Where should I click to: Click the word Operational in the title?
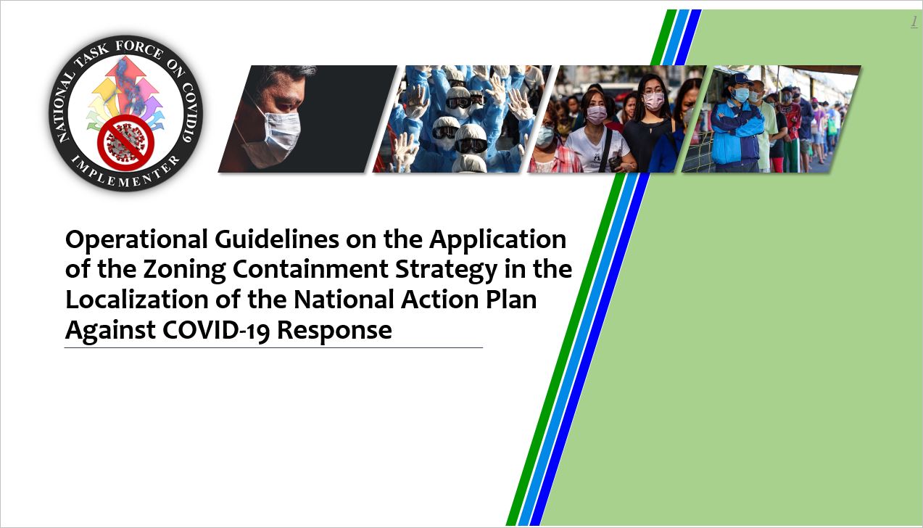pyautogui.click(x=136, y=240)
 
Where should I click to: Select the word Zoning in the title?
pyautogui.click(x=184, y=271)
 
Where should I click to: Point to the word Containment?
pyautogui.click(x=310, y=269)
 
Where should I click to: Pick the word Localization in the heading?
pyautogui.click(x=137, y=300)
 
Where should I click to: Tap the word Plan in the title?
pyautogui.click(x=511, y=300)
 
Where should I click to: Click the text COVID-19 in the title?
pyautogui.click(x=216, y=331)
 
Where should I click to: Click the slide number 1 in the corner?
pyautogui.click(x=914, y=22)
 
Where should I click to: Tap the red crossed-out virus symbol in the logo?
pyautogui.click(x=125, y=141)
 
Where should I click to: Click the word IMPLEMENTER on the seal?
pyautogui.click(x=125, y=171)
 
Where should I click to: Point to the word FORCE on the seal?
pyautogui.click(x=139, y=49)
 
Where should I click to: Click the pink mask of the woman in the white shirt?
pyautogui.click(x=596, y=114)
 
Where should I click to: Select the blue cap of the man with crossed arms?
pyautogui.click(x=740, y=79)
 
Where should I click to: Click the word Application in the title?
pyautogui.click(x=498, y=240)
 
